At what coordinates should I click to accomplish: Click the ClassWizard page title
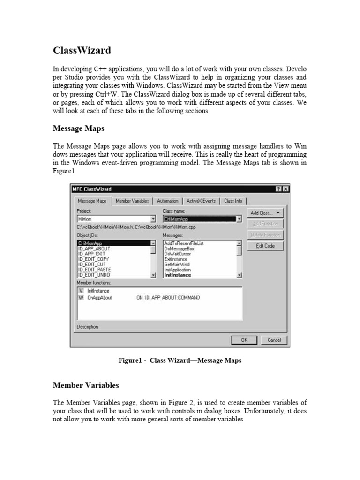click(x=82, y=50)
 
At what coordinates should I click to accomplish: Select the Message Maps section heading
click(x=78, y=128)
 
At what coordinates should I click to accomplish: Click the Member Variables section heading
click(x=86, y=385)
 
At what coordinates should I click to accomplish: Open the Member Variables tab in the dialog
click(x=132, y=201)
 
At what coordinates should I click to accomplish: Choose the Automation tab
click(x=167, y=201)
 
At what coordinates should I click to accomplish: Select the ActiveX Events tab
click(x=201, y=201)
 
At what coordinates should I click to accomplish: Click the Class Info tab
click(x=233, y=201)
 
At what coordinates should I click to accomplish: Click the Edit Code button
click(x=265, y=246)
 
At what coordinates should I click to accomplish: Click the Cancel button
click(x=274, y=340)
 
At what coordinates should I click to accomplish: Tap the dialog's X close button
click(x=286, y=189)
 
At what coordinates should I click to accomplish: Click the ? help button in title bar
click(x=279, y=189)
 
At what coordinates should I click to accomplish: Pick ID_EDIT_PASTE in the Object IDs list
click(x=94, y=270)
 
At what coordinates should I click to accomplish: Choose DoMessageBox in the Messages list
click(x=179, y=248)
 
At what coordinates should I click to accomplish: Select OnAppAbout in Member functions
click(x=99, y=298)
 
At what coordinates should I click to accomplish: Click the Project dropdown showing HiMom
click(x=116, y=219)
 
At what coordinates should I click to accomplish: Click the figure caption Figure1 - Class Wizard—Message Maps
click(x=180, y=360)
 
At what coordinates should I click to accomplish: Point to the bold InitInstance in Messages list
click(x=177, y=275)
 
